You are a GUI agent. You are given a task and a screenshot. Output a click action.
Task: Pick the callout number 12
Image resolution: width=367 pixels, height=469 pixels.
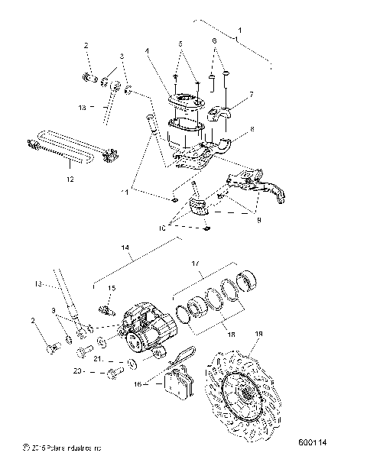70,180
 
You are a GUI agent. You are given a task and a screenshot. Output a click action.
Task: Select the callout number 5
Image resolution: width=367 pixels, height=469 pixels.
180,44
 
